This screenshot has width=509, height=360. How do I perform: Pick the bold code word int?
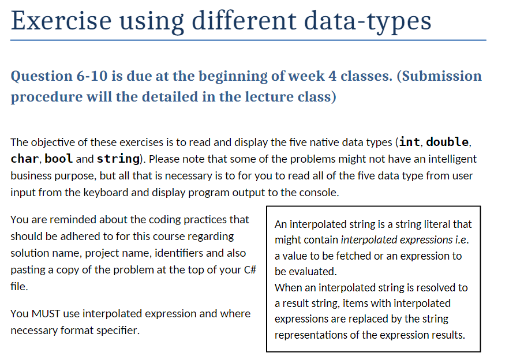[409, 142]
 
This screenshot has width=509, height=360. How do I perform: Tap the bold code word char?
[24, 158]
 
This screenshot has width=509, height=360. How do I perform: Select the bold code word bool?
[59, 158]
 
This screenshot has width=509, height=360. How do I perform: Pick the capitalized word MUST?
[45, 314]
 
